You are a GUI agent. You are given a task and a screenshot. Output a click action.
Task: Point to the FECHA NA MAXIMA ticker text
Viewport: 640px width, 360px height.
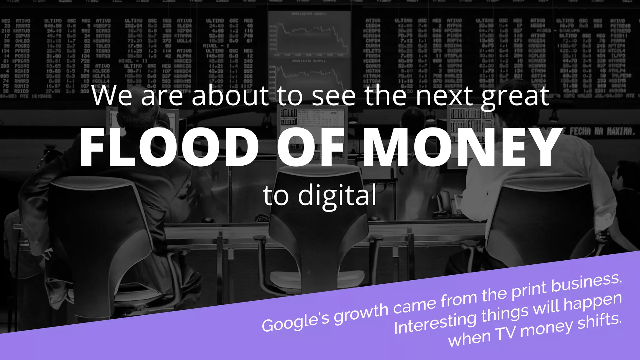click(602, 131)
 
